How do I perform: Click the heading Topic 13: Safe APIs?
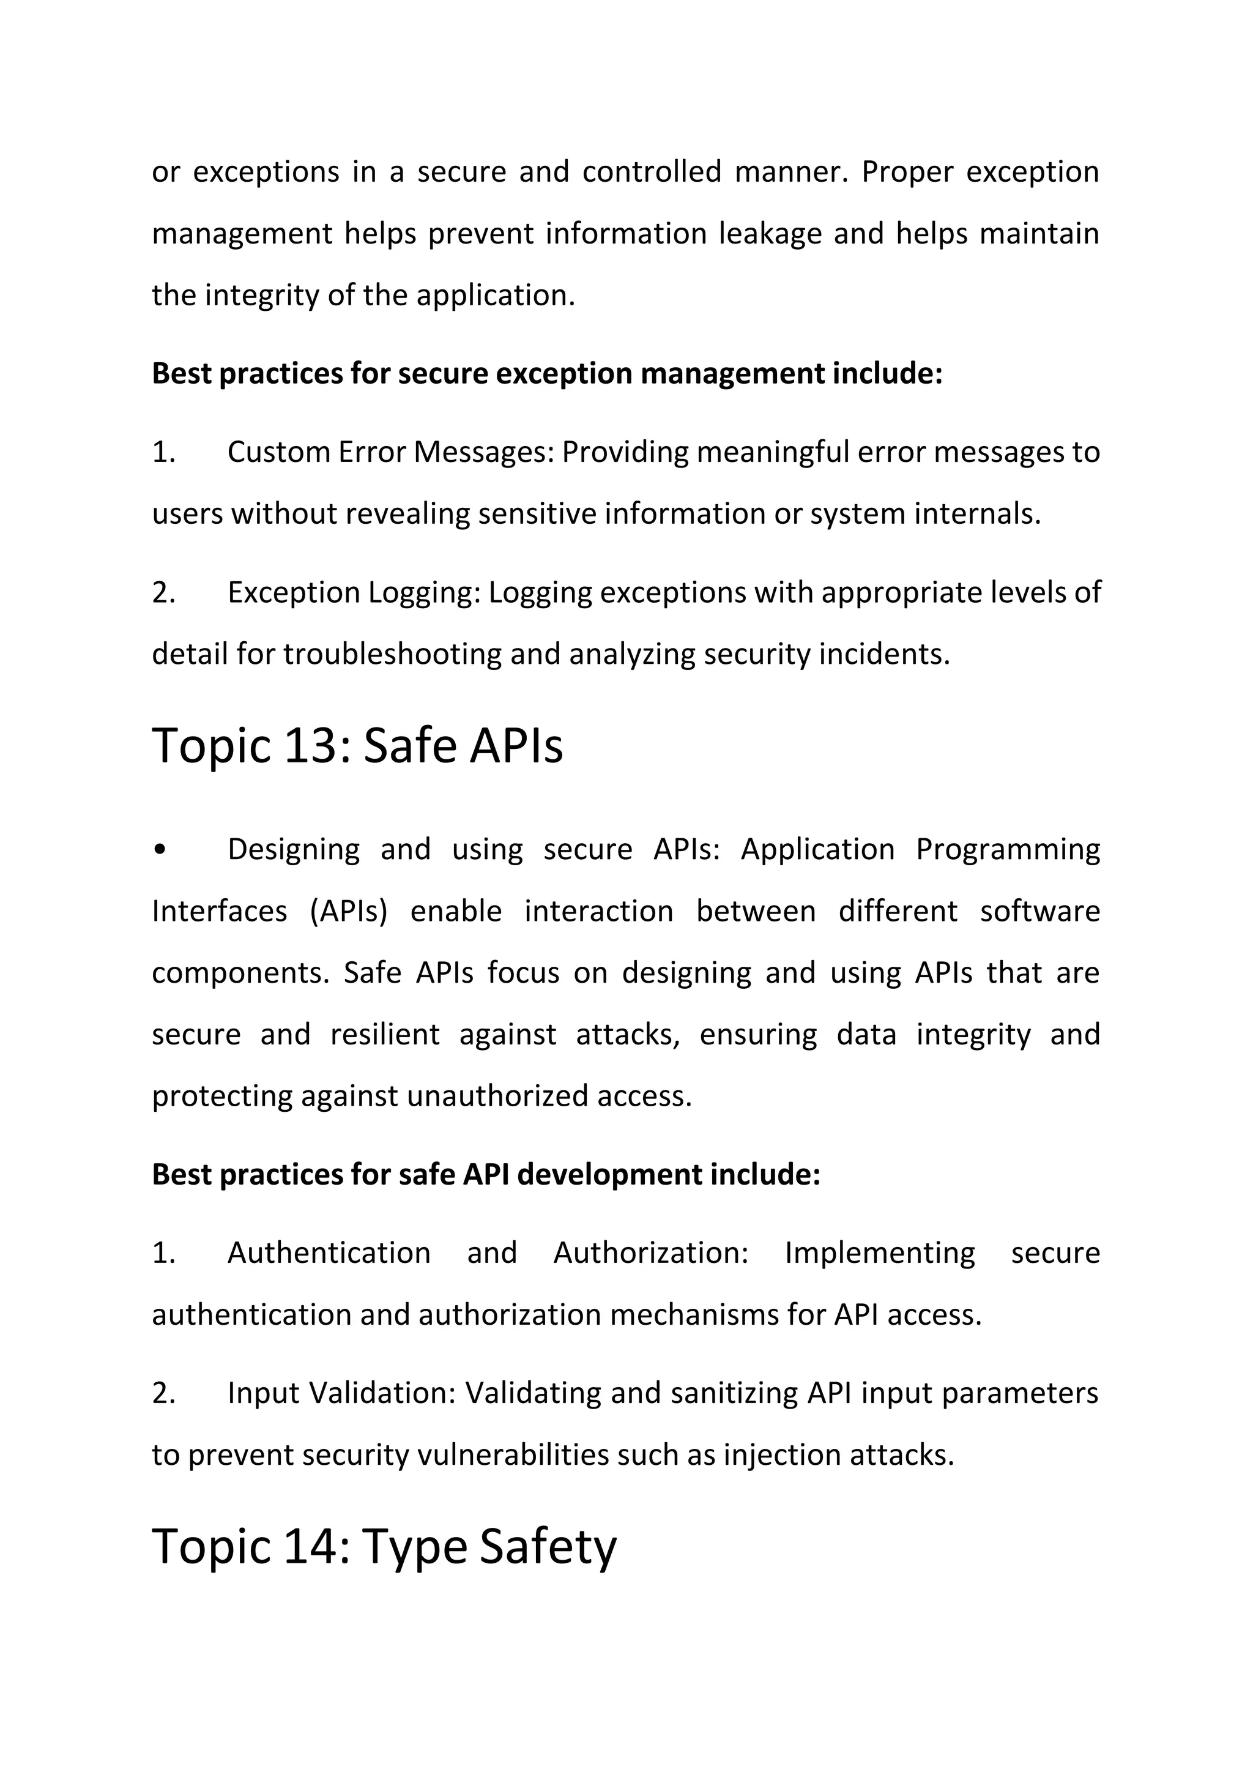tap(357, 746)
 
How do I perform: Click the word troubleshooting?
tap(392, 655)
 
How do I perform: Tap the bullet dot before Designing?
tap(160, 850)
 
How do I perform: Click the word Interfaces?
tap(219, 912)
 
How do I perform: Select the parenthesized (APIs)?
tap(348, 912)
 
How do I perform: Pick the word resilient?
tap(385, 1035)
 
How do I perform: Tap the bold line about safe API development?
tap(486, 1175)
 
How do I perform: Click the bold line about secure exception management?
tap(547, 373)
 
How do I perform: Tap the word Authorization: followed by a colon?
tap(650, 1253)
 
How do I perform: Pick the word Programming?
tap(1008, 850)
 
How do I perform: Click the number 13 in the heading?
tap(310, 746)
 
